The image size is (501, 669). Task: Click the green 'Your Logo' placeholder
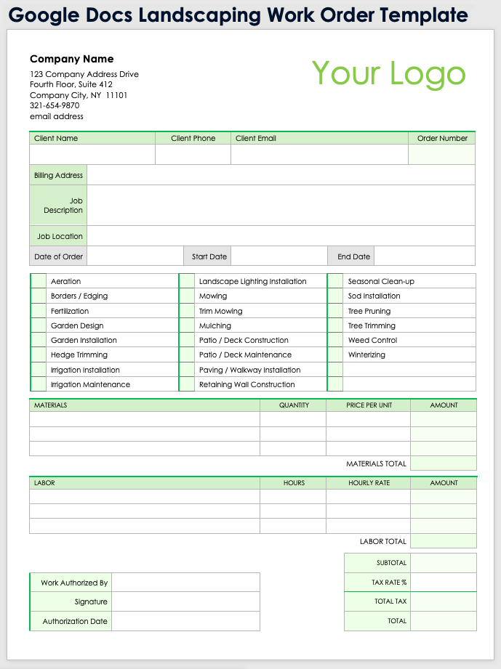388,74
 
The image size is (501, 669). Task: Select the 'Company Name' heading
71,59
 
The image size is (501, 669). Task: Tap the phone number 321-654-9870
55,105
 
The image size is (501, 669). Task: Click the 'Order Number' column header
442,138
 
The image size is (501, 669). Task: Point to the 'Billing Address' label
58,175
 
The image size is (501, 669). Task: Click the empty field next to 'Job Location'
281,236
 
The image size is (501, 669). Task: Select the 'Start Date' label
209,256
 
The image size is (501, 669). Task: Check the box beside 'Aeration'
39,281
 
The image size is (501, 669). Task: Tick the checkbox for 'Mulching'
187,326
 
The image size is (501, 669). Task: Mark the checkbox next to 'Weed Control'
335,340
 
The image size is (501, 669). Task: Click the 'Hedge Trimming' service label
79,355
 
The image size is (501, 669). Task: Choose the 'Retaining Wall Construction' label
247,385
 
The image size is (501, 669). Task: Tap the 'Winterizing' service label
366,355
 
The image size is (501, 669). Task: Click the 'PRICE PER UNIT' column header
369,405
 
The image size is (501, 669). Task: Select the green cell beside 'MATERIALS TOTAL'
443,463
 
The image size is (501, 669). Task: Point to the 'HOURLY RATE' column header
369,483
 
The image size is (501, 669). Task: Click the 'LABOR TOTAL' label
382,541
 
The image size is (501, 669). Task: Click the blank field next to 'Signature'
185,601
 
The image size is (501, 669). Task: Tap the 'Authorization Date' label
75,621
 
